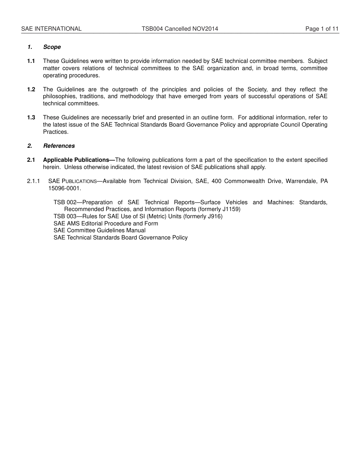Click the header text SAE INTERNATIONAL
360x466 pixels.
(51, 29)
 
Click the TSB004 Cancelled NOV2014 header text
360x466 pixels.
(180, 29)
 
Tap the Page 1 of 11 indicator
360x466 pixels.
(322, 29)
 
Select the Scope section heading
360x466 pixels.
(52, 47)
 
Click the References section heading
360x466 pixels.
(59, 146)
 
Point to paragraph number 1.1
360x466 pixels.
(31, 61)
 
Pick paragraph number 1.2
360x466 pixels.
(31, 89)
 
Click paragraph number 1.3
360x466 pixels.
(31, 117)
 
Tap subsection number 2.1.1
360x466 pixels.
(33, 181)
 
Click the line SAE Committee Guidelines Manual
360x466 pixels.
(99, 230)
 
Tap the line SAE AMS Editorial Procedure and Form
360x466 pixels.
(106, 224)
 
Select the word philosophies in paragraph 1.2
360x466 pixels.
(59, 96)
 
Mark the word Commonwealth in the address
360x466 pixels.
(244, 181)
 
